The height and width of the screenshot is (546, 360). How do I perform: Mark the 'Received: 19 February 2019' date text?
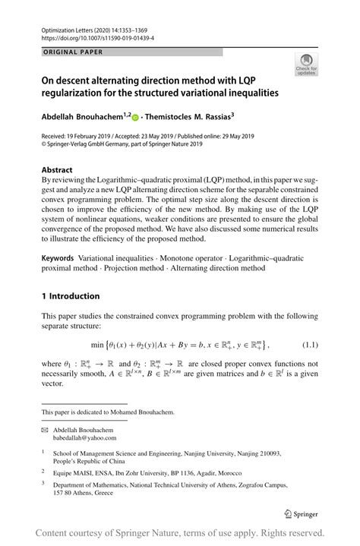[x=75, y=137]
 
